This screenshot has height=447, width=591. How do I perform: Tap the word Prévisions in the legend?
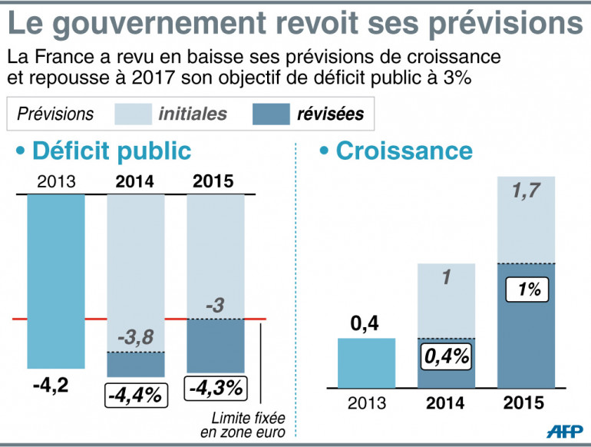pos(55,114)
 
